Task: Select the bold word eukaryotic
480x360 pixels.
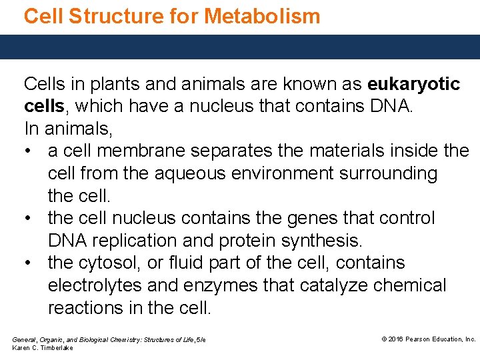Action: click(413, 85)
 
